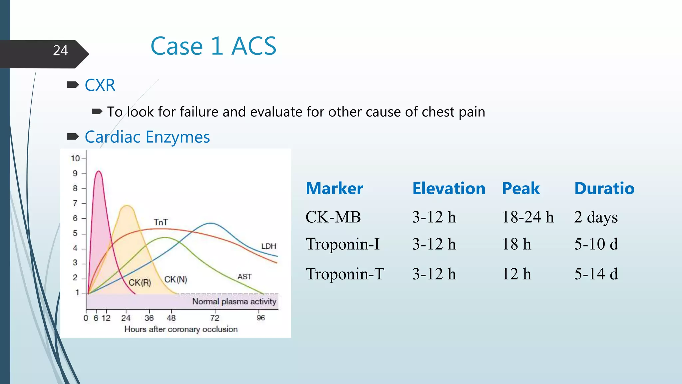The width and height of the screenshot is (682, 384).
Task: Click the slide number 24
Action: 60,51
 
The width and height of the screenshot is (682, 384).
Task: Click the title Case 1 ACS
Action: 213,46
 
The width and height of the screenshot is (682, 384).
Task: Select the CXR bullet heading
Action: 100,85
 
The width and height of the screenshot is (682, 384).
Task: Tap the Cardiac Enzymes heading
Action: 147,137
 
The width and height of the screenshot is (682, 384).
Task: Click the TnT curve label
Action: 161,222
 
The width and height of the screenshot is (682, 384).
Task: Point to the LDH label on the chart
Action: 268,246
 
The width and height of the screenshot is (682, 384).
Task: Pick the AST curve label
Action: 244,277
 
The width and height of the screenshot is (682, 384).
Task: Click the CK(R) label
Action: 140,283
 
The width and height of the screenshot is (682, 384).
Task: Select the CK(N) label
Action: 175,279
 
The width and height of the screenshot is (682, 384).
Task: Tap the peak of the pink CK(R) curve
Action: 98,171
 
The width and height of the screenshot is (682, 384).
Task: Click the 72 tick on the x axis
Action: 214,318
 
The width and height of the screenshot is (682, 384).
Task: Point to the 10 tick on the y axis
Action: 75,158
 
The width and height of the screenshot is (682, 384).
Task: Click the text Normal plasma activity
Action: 234,301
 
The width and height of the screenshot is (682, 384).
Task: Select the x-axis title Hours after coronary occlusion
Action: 181,329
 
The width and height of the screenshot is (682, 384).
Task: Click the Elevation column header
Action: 449,188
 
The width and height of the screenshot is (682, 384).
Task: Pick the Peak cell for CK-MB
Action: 528,217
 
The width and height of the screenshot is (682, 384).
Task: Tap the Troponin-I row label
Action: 343,244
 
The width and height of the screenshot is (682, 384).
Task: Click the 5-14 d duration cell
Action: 596,274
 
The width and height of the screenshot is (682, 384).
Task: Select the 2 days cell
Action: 596,217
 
